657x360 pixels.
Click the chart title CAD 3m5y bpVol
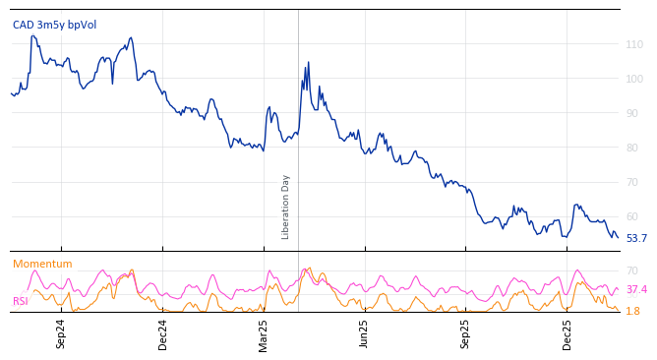click(54, 25)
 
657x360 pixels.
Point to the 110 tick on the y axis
click(634, 44)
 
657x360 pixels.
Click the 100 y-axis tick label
click(634, 79)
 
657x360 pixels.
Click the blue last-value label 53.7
click(636, 238)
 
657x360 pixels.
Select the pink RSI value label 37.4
click(636, 289)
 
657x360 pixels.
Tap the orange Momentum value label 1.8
click(632, 311)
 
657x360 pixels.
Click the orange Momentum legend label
click(42, 264)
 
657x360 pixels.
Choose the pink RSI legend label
click(20, 301)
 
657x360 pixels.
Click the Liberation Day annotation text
click(286, 207)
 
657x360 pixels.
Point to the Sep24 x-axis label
click(61, 334)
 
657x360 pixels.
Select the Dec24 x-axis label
click(162, 334)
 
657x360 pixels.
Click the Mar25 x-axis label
click(264, 334)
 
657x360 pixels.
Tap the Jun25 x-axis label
click(364, 334)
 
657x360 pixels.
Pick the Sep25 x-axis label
click(465, 334)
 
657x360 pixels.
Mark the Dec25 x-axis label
click(567, 334)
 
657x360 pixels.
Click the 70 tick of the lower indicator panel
click(632, 270)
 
